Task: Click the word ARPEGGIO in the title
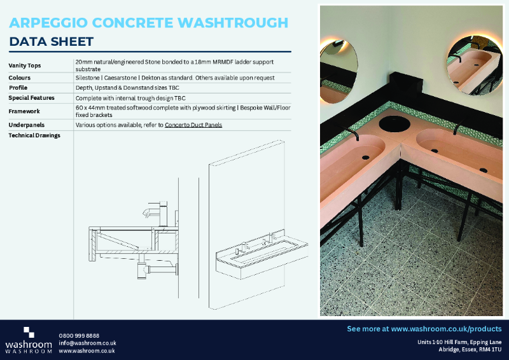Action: click(x=48, y=23)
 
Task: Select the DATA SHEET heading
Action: click(x=52, y=42)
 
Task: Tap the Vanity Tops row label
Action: click(x=26, y=66)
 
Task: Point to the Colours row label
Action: click(x=20, y=78)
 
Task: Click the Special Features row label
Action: click(x=31, y=98)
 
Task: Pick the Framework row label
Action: click(x=24, y=111)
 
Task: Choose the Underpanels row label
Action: click(x=26, y=125)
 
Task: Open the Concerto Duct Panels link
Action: click(x=194, y=125)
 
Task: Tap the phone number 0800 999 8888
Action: click(x=79, y=335)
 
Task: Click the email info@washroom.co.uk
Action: click(x=87, y=343)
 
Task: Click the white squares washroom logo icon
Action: click(x=29, y=332)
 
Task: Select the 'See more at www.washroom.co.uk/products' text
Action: click(x=424, y=329)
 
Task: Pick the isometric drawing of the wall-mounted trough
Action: click(x=261, y=251)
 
